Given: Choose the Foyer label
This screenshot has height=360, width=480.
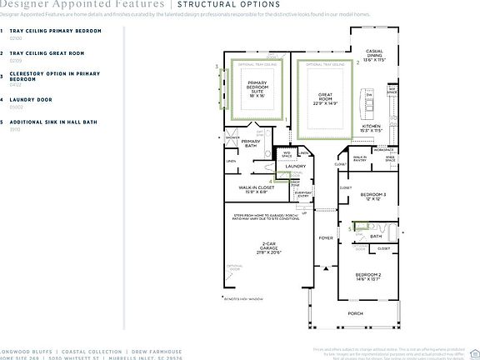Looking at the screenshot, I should pyautogui.click(x=325, y=238).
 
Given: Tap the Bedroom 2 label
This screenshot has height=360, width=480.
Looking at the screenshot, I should pyautogui.click(x=368, y=277).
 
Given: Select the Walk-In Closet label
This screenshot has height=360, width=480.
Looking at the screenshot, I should pyautogui.click(x=254, y=190).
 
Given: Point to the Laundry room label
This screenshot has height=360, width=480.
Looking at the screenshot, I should pyautogui.click(x=296, y=167).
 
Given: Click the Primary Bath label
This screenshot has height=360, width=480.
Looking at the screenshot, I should pyautogui.click(x=251, y=143).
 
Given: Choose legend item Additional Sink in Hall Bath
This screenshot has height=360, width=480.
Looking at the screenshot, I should pyautogui.click(x=53, y=122).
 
